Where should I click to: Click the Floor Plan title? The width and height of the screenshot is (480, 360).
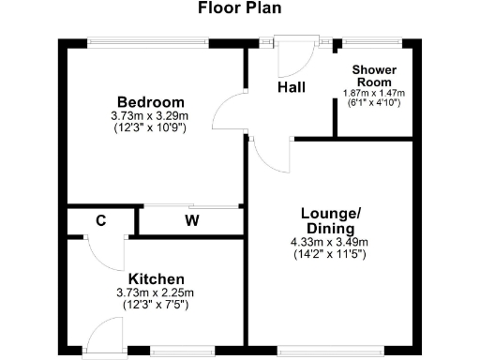click(239, 9)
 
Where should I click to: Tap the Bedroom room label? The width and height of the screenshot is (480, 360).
click(150, 101)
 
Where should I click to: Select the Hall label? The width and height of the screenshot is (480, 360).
click(291, 87)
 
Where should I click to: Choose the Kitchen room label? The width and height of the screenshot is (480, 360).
click(156, 279)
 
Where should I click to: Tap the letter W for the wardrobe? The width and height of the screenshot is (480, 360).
click(191, 221)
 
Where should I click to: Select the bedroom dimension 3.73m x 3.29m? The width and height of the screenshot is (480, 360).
click(150, 115)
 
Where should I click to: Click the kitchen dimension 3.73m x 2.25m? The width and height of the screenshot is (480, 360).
click(156, 292)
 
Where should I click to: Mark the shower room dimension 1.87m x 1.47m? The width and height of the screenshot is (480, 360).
click(375, 93)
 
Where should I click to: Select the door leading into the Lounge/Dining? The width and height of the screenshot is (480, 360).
click(267, 154)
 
